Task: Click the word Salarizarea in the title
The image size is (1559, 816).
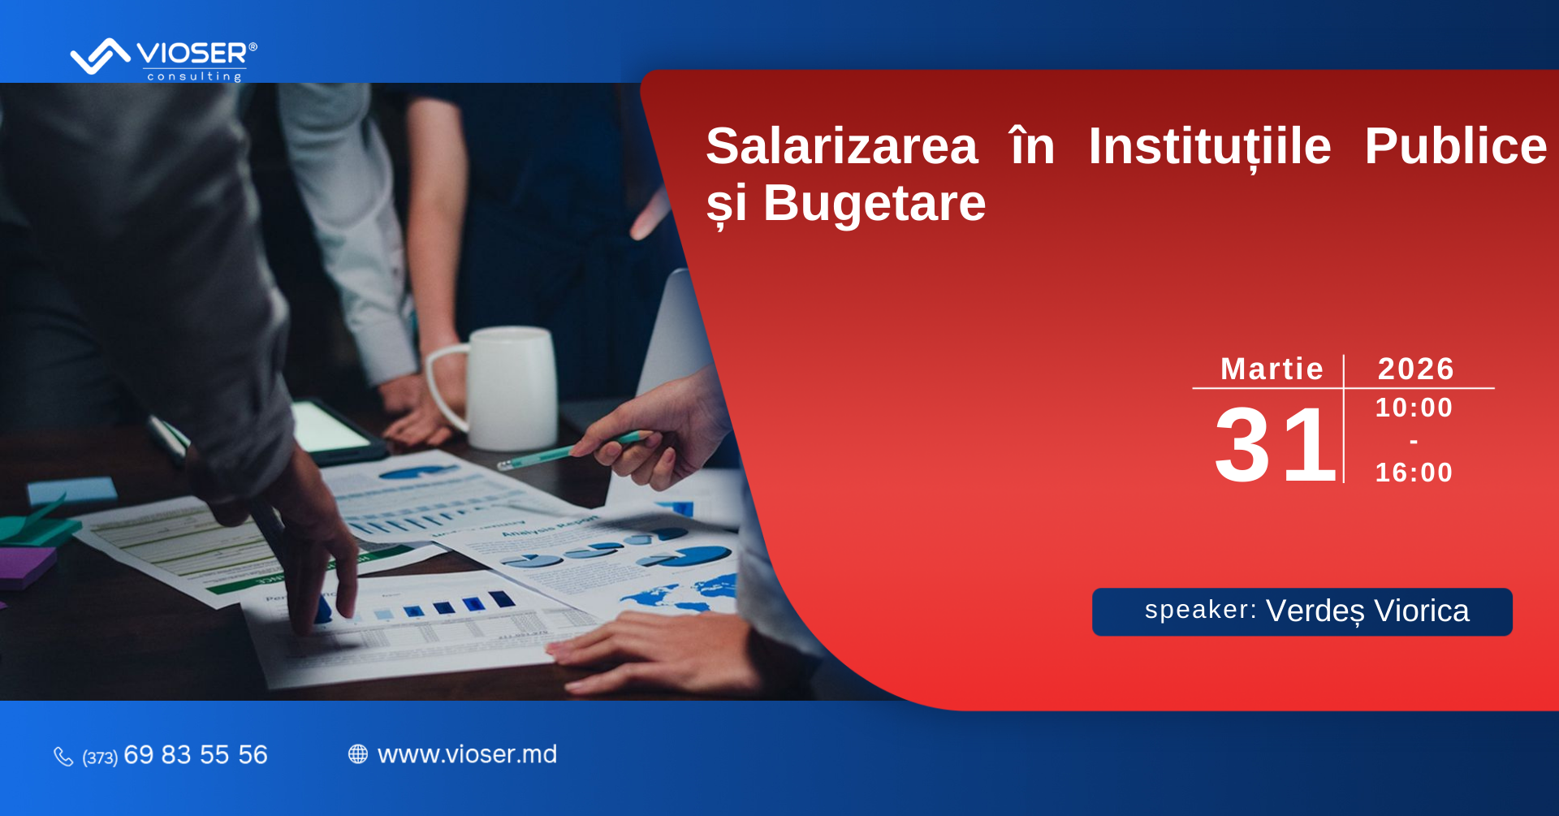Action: (842, 146)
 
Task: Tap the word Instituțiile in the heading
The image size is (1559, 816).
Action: (1210, 147)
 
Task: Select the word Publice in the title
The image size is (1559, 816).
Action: (1456, 146)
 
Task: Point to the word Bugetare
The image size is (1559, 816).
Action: (875, 203)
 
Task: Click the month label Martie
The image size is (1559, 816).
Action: (1272, 369)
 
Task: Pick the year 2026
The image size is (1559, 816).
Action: (1416, 369)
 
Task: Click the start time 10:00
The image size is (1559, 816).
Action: (1414, 408)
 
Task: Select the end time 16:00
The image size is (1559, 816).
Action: (1414, 473)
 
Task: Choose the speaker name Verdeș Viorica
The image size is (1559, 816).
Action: (1367, 611)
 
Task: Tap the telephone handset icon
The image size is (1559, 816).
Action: (63, 757)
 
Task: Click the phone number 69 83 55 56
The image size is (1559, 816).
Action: (196, 755)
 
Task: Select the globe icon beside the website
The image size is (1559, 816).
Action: (358, 754)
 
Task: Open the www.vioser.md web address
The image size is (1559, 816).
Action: (468, 754)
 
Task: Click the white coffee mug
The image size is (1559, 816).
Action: (495, 388)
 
